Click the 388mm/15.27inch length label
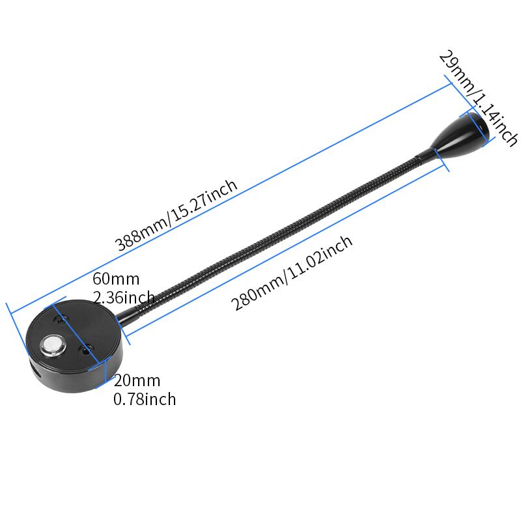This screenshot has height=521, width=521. click(x=176, y=216)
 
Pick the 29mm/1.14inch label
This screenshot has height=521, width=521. click(x=479, y=98)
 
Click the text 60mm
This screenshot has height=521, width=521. click(x=116, y=279)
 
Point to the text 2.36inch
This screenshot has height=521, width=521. click(x=124, y=298)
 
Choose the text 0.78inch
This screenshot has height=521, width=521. click(x=145, y=399)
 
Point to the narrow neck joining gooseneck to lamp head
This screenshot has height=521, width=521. click(x=423, y=155)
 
